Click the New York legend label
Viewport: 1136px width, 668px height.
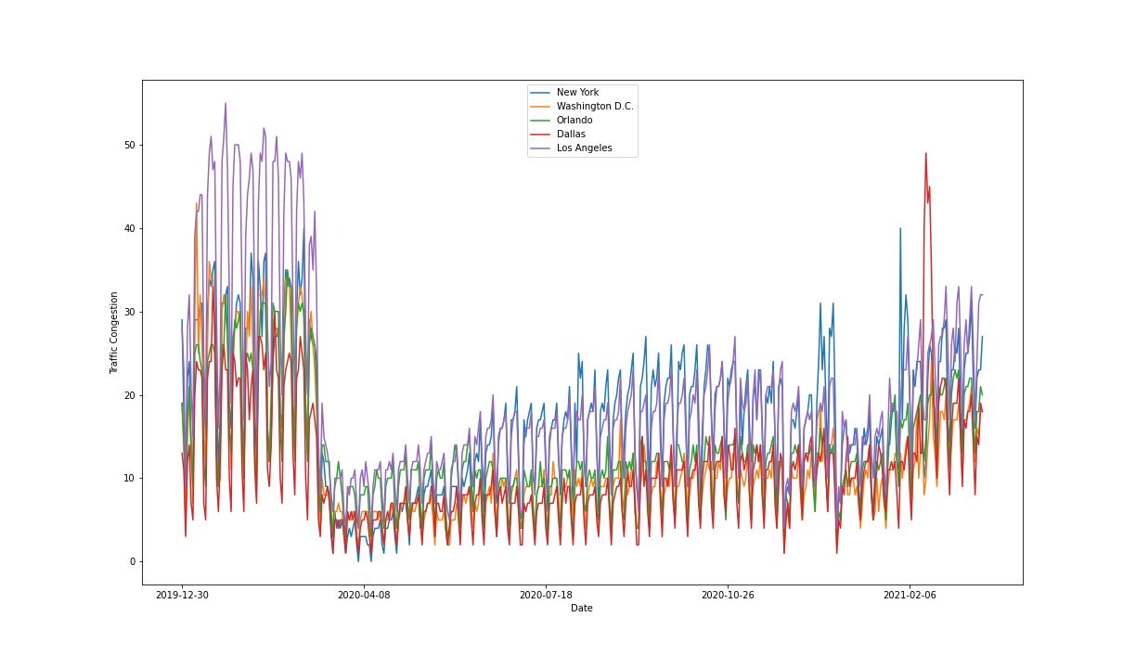tap(577, 93)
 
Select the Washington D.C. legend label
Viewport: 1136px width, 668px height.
tap(595, 107)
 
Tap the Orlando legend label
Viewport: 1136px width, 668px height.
tap(574, 121)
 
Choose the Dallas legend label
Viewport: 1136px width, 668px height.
tap(571, 135)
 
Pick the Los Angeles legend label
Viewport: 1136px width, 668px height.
tap(584, 148)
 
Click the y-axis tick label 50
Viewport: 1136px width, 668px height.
tap(129, 145)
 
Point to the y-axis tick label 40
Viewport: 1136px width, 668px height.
tap(129, 228)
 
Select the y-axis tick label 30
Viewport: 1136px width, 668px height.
tap(129, 312)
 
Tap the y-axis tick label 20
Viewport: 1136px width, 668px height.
tap(129, 395)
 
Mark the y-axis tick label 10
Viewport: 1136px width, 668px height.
tap(129, 478)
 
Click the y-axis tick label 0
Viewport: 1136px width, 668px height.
tap(132, 561)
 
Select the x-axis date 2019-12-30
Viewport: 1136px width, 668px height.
tap(182, 596)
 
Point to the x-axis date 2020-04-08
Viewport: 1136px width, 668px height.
tap(364, 596)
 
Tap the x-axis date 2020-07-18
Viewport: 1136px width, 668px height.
tap(546, 596)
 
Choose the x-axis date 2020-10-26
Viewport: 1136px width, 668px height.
tap(728, 596)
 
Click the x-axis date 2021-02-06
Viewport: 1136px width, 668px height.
tap(910, 596)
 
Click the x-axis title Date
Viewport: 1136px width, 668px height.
tap(582, 609)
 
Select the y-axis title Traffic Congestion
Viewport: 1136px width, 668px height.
tap(114, 333)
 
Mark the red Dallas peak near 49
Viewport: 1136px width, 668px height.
tap(925, 154)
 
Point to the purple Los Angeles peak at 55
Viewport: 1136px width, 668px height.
tap(226, 104)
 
